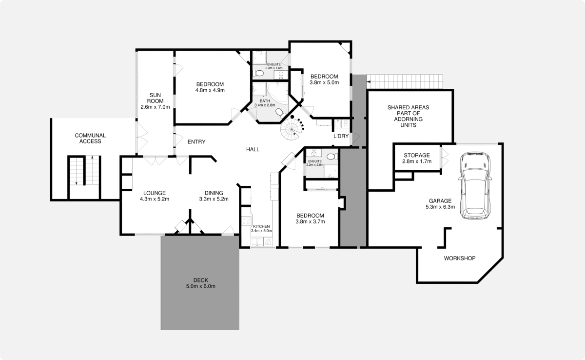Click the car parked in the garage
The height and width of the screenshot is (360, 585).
click(476, 186)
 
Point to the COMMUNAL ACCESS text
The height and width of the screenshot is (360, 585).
click(90, 138)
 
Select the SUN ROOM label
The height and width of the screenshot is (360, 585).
click(155, 100)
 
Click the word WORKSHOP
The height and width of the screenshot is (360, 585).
click(459, 258)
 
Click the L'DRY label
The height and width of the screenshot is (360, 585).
click(341, 136)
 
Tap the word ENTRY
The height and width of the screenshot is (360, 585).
click(196, 142)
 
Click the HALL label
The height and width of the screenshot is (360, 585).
click(253, 149)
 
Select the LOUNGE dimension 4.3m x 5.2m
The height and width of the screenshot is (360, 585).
click(155, 199)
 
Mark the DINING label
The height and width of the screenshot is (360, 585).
click(214, 192)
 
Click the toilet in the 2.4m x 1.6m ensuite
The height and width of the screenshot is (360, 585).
click(259, 73)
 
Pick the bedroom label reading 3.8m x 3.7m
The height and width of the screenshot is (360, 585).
click(310, 221)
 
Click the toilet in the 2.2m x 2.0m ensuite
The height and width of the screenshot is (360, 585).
click(331, 157)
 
